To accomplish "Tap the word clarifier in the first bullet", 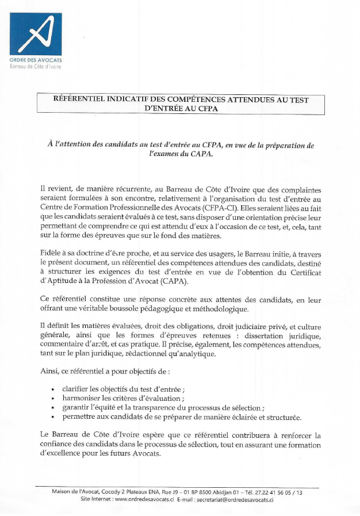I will coord(75,389).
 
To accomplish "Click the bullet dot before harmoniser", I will coord(53,399).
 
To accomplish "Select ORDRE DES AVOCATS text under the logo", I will coord(36,60).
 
